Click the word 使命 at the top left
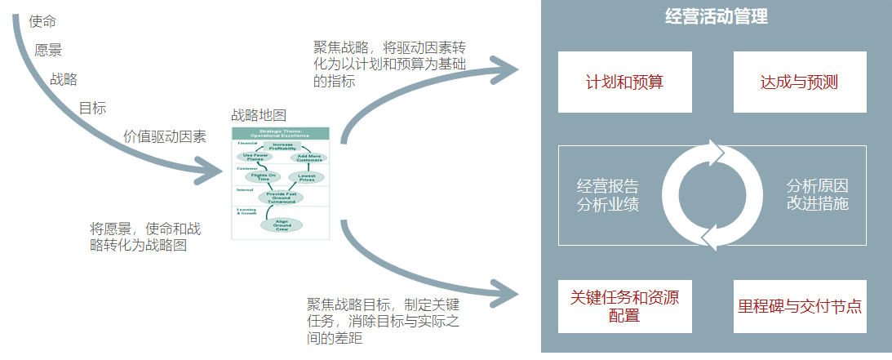tap(42, 21)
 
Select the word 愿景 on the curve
tap(49, 50)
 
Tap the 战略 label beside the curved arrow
tap(64, 79)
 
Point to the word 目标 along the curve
tap(92, 108)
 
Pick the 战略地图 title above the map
tap(259, 115)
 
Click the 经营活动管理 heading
tap(717, 17)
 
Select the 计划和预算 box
tap(624, 82)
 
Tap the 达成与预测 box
tap(800, 82)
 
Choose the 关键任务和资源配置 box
tap(624, 306)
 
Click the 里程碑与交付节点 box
tap(800, 306)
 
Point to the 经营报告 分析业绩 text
tap(608, 194)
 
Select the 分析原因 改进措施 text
tap(818, 194)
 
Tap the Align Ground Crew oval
tap(281, 224)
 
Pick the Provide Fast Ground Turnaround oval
tap(281, 197)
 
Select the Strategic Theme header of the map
tap(281, 132)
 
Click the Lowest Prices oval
tap(306, 177)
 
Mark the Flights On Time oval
tap(261, 176)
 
